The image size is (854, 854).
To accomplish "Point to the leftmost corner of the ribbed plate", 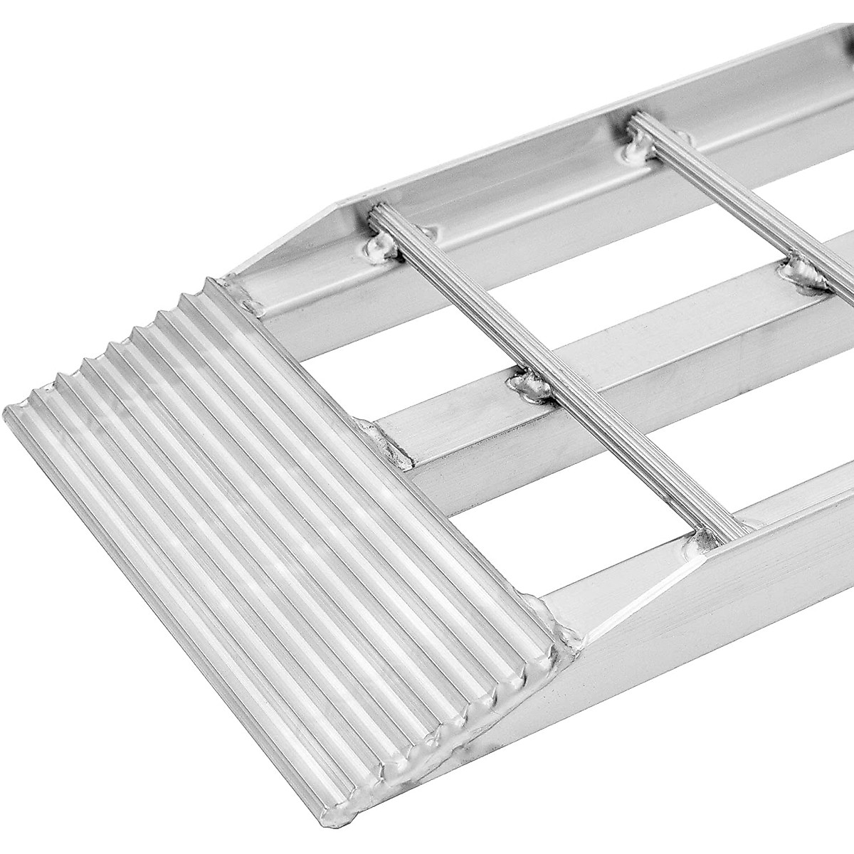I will [x=9, y=413].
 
